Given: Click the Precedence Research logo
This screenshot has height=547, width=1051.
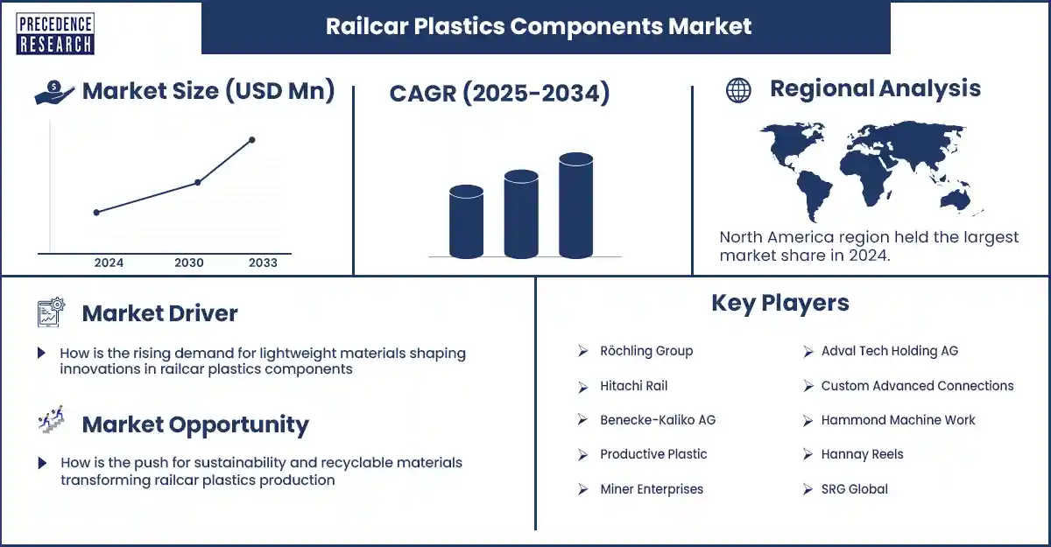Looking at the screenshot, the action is coord(55,34).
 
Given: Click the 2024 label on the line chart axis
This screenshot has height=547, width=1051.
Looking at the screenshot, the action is coord(109,263).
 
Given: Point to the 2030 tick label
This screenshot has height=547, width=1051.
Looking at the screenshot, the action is coord(189,263).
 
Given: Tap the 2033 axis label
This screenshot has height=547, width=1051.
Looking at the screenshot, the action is coord(264,263).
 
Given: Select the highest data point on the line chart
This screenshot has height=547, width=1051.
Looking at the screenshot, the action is coord(252,140).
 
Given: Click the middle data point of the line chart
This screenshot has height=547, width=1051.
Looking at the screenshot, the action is coord(198,182).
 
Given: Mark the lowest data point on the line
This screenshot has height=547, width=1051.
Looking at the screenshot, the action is coord(96,213).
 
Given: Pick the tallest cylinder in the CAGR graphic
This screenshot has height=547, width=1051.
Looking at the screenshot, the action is coord(575,206).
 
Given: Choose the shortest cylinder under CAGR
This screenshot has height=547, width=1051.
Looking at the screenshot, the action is coord(466,221).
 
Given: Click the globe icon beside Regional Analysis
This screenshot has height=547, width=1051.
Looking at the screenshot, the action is coord(738,90).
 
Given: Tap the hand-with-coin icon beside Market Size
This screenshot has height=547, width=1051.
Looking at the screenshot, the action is coord(54,92).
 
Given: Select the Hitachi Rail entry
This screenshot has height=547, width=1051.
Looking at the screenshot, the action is coord(633,386).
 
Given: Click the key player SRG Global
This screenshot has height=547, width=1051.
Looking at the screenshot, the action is coord(855,489).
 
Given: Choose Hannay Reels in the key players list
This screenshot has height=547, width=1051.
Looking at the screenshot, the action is coord(862,454).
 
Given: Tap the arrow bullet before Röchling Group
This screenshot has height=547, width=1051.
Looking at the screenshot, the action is coord(582,351).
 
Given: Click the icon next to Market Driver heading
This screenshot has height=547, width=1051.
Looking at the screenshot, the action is coord(51,312).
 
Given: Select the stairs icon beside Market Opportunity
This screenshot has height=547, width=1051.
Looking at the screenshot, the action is coord(51,419).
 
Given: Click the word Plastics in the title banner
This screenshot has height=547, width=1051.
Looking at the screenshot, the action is coord(459,26).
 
